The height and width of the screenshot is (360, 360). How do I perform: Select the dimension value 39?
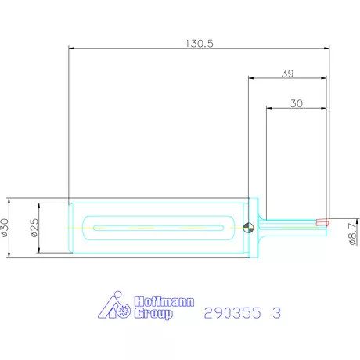pos(287,74)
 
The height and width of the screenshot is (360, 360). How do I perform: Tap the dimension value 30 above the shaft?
pos(295,103)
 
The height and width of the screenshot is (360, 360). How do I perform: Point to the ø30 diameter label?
pos(7,228)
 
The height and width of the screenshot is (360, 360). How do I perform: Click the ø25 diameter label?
pos(34,228)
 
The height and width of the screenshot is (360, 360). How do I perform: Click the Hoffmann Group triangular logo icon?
pos(114,307)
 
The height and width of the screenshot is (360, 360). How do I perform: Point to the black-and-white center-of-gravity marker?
pos(248,228)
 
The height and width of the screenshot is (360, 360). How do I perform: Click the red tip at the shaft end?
pos(322,221)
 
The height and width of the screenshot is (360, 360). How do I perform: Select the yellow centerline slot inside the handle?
pos(160,228)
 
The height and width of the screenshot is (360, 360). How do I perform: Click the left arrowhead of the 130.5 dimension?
pos(72,49)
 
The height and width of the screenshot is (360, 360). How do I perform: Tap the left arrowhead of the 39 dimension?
pos(251,78)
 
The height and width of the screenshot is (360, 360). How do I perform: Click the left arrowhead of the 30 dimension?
pos(269,107)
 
